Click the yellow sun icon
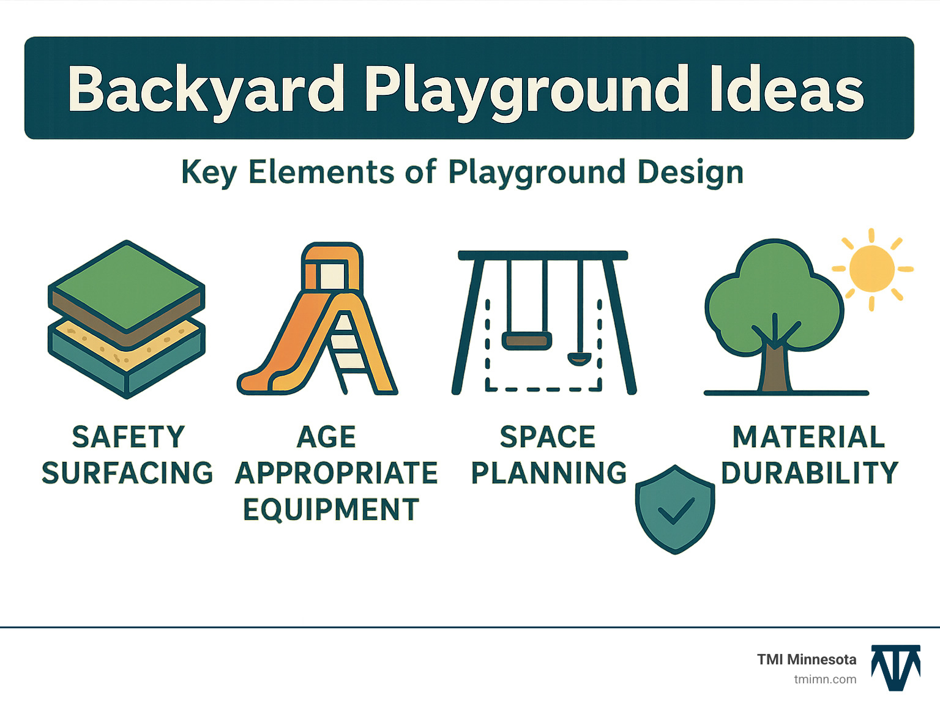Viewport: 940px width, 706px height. pos(872,269)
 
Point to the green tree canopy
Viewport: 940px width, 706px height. pos(774,294)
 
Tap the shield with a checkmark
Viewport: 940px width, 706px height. pos(675,510)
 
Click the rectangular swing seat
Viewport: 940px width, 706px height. pos(527,341)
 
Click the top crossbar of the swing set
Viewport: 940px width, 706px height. pos(543,255)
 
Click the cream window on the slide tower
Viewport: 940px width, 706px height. pos(332,275)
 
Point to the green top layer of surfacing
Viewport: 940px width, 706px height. pos(127,285)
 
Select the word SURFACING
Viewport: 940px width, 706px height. pos(127,473)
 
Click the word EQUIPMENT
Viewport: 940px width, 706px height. pos(331,510)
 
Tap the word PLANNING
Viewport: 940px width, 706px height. pos(549,473)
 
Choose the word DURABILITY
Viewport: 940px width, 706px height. pos(809,473)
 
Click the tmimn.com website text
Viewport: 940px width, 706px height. pos(825,679)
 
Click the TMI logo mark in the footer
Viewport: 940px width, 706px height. pos(896,667)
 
